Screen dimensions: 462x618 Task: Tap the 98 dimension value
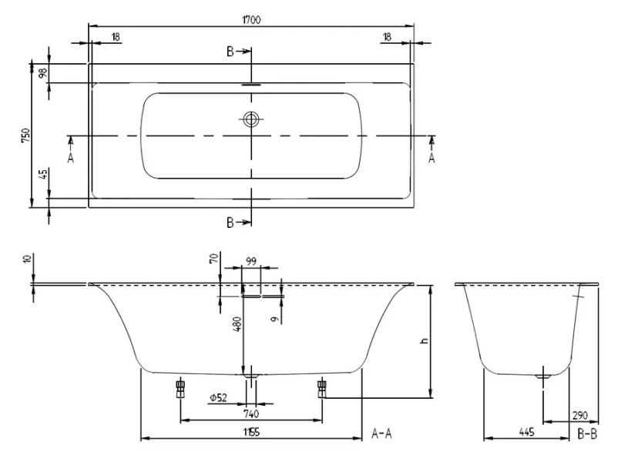tap(44, 73)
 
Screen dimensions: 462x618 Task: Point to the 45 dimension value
tap(44, 174)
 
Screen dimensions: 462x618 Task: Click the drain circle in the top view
tap(251, 119)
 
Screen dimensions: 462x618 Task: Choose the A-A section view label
tap(382, 434)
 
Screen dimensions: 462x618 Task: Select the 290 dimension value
tap(579, 415)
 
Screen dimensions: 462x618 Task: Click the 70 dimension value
tap(213, 260)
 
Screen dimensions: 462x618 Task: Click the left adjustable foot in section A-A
tap(180, 387)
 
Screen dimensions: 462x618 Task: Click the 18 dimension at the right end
tap(387, 37)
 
